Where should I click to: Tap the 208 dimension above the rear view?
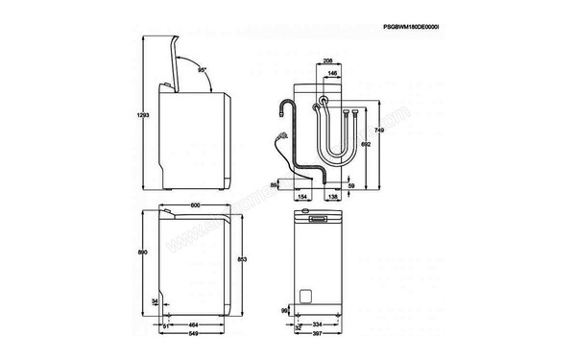tap(328, 60)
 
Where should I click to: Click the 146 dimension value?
tap(332, 73)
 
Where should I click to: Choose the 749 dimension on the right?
tap(379, 130)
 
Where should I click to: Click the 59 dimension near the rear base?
tap(352, 185)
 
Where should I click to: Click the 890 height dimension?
tap(143, 252)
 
